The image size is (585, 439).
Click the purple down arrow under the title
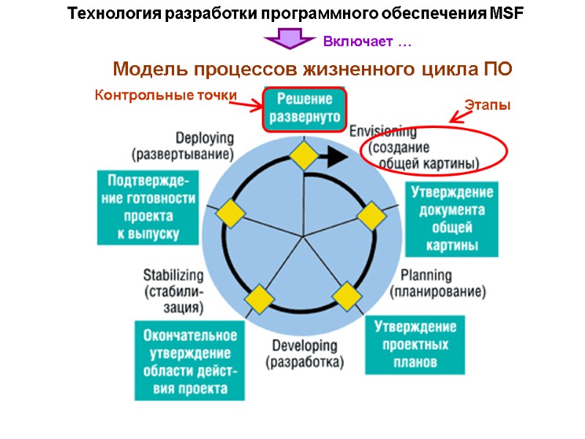(290, 40)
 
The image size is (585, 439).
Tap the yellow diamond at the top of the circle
(303, 155)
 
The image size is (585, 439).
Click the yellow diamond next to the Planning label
(347, 297)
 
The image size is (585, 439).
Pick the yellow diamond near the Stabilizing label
(259, 299)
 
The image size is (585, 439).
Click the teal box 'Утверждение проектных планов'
(414, 344)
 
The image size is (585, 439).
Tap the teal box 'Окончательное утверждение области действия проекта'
(189, 361)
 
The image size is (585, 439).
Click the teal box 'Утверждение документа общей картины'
(451, 219)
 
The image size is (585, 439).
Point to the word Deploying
(204, 138)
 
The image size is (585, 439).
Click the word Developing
(304, 345)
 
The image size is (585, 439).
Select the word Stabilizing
(173, 275)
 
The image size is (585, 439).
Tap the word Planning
(426, 276)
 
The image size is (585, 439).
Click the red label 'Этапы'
(487, 105)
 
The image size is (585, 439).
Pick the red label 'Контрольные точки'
(166, 95)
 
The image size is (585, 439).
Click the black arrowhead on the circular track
(336, 155)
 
